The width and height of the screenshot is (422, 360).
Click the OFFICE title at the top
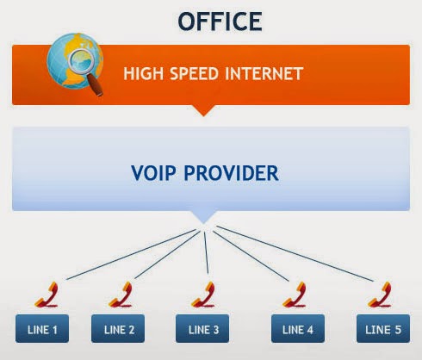click(220, 22)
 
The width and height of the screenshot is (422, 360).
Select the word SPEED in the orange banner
click(194, 73)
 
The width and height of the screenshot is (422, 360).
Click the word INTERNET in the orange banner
click(264, 73)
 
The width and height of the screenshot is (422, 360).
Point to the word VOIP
click(153, 173)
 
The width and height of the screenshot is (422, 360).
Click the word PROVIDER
click(231, 173)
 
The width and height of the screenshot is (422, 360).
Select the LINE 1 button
click(42, 328)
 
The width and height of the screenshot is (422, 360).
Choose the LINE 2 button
click(118, 328)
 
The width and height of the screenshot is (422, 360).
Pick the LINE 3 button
click(202, 328)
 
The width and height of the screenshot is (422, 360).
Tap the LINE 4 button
click(298, 328)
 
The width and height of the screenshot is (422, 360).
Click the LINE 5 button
click(383, 328)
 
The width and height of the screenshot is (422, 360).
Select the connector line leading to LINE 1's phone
click(131, 254)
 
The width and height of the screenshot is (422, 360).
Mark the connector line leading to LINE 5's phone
click(295, 253)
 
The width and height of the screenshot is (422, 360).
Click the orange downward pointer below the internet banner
click(203, 110)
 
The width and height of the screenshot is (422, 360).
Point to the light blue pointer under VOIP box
click(203, 217)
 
